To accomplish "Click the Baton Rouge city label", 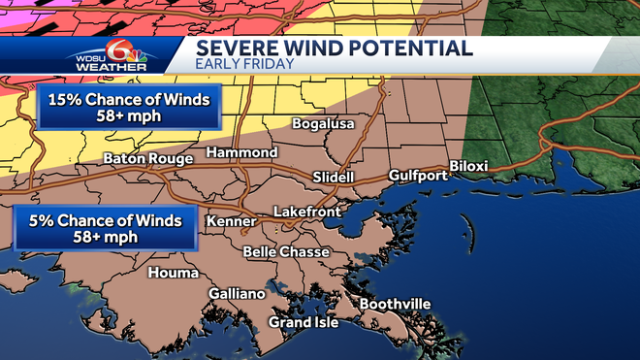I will click(x=149, y=158).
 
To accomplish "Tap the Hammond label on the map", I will click(x=242, y=153).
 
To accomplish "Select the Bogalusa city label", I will click(x=324, y=124).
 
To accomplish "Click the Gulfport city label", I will click(x=418, y=176).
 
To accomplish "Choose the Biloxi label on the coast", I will click(x=468, y=166).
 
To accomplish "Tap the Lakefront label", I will click(x=305, y=211).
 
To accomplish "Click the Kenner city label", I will click(x=231, y=222).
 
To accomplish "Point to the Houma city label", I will click(x=173, y=273).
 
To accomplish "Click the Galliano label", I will click(x=237, y=294).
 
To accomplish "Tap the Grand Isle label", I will click(x=304, y=322).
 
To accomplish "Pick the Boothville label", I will click(x=395, y=305).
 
